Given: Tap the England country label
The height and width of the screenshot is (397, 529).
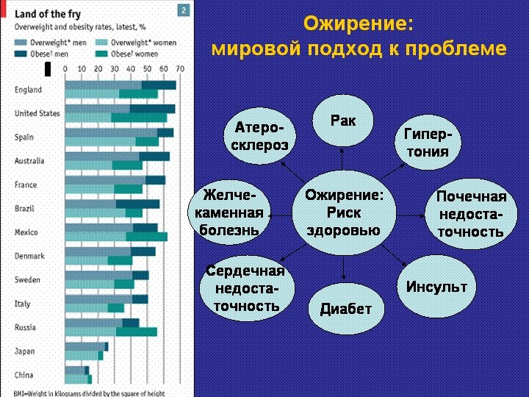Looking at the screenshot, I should point(29,90).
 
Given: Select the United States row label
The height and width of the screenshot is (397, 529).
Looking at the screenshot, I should point(37,114).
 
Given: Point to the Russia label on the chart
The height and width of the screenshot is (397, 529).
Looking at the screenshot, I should point(25,327).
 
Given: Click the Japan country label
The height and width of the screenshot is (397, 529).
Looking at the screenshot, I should point(24,351).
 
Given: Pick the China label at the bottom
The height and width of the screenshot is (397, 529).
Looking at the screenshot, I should point(24,375).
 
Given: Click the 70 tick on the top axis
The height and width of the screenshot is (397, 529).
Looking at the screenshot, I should point(179,68).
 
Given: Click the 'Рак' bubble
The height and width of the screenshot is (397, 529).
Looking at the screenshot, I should point(342,121).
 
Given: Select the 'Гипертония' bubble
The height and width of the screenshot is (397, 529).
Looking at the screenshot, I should point(428,144).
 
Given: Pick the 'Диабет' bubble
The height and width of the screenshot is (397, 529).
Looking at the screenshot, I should point(345,309).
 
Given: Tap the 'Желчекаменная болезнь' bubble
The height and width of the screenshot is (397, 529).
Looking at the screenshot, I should point(230,212).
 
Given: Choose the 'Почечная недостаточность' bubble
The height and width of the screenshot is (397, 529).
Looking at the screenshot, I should point(471,214).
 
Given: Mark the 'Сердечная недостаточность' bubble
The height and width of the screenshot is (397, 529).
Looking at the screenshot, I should point(245,288).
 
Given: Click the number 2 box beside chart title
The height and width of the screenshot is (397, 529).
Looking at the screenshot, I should point(183,9).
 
